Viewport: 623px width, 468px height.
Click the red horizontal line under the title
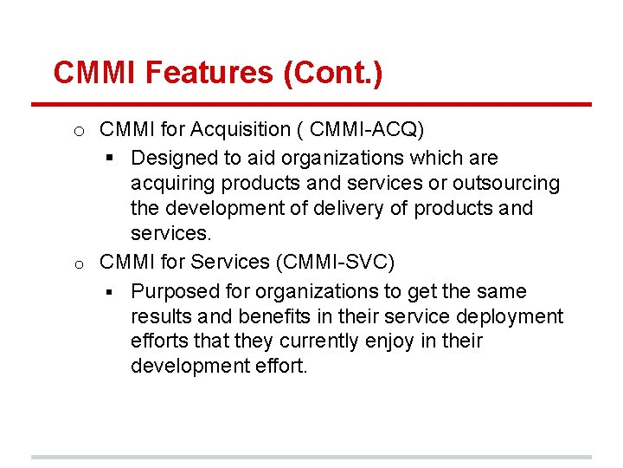click(311, 105)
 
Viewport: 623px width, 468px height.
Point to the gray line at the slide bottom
click(311, 457)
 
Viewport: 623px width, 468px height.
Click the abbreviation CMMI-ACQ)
click(367, 130)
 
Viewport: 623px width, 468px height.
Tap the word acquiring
click(173, 184)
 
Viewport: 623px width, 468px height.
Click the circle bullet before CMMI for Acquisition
click(78, 132)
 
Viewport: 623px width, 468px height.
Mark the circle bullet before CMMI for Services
click(78, 263)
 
